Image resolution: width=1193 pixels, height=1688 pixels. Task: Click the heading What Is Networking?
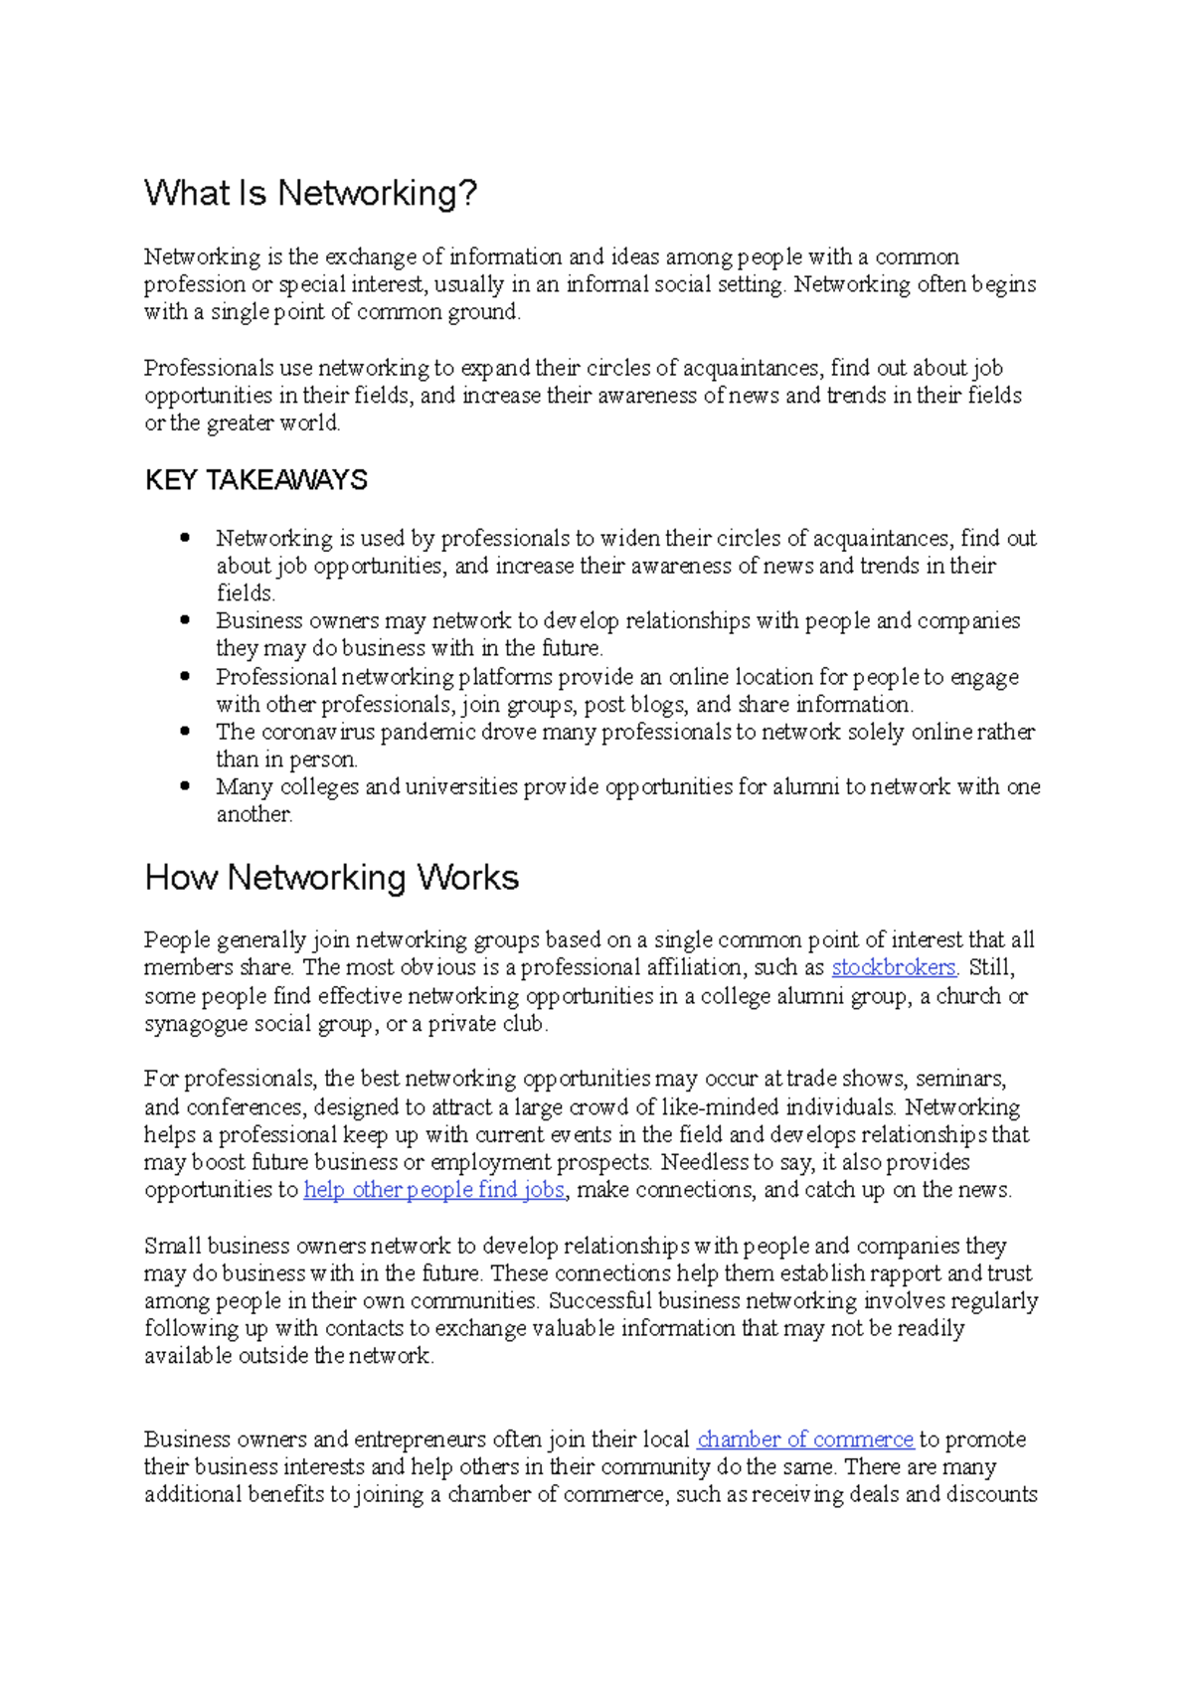310,193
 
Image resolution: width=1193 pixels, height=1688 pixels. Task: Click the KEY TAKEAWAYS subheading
256,480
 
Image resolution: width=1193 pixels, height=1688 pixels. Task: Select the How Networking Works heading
331,878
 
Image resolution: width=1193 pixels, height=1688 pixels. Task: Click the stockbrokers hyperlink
893,967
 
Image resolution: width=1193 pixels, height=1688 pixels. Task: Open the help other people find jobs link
433,1190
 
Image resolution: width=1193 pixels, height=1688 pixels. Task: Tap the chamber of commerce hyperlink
804,1439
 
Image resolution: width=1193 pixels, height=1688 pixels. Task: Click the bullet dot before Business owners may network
185,619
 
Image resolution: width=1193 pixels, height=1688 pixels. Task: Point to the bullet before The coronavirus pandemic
185,731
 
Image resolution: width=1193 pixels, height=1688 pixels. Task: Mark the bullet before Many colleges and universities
185,785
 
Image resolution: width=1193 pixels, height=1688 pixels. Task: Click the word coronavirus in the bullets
317,733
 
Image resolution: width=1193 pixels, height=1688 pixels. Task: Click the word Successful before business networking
599,1301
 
